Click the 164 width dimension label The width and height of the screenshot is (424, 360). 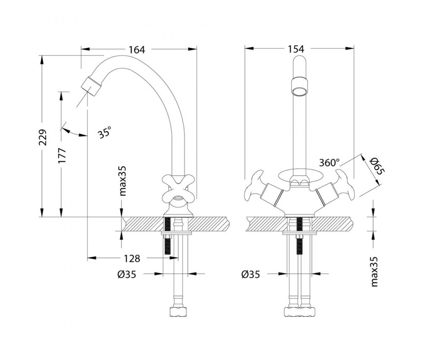coord(137,50)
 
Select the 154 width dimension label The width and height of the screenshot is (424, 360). coord(296,49)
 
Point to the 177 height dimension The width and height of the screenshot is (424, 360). coord(62,156)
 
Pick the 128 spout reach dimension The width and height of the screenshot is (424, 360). coord(132,258)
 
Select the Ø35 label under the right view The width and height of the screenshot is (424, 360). coord(250,274)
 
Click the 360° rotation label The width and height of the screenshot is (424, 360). coord(329,162)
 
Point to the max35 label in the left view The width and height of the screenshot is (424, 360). coord(123,181)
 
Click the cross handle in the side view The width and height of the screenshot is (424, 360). coord(179,189)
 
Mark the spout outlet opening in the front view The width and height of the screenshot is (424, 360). coord(300,91)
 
